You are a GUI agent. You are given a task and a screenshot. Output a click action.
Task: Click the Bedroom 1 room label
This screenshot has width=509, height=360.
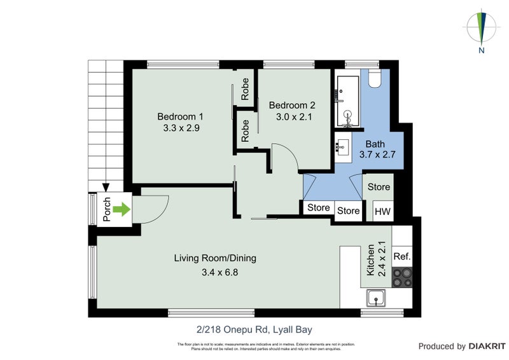pos(180,116)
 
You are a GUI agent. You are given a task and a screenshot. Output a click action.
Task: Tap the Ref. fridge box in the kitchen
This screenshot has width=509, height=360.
pos(401,257)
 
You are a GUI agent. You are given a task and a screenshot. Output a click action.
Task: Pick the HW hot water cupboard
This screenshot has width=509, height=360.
pos(382,211)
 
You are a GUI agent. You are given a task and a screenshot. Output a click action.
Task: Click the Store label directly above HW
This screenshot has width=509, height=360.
pos(379,187)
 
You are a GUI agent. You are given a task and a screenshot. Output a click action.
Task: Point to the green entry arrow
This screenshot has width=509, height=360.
pos(121,209)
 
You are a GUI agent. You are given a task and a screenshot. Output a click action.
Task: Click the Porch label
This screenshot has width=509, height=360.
pos(106,209)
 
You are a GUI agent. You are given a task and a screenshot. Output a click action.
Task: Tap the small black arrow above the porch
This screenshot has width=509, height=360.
pos(106,186)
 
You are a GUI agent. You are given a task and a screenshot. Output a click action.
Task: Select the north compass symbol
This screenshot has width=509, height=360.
pos(482,29)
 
